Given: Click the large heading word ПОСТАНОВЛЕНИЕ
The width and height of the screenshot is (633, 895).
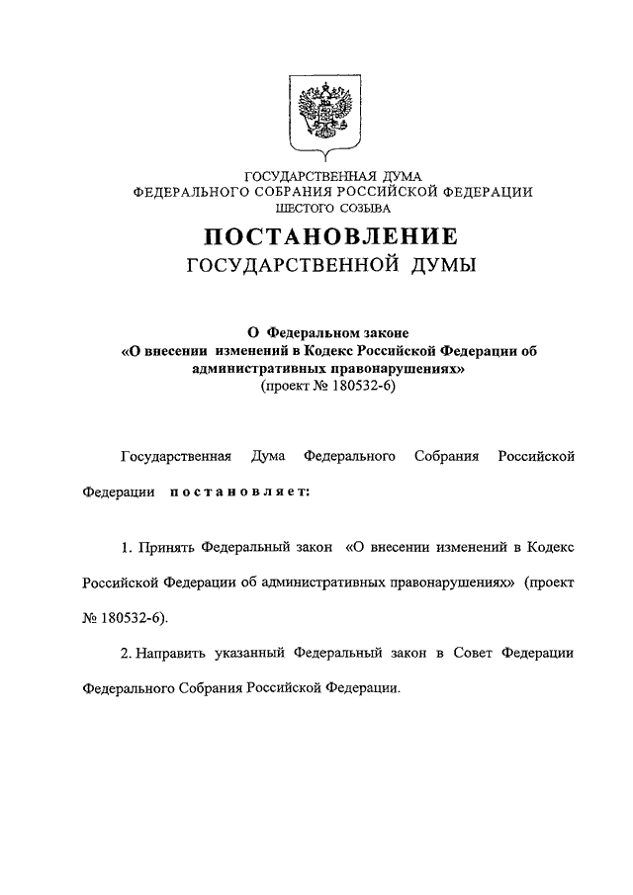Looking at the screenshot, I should (330, 237).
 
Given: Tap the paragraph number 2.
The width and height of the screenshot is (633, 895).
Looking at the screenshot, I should (126, 654).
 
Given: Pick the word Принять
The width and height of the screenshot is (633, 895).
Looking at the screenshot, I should (164, 545).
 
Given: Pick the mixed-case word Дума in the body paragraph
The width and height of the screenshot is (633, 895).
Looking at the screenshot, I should (268, 456).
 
